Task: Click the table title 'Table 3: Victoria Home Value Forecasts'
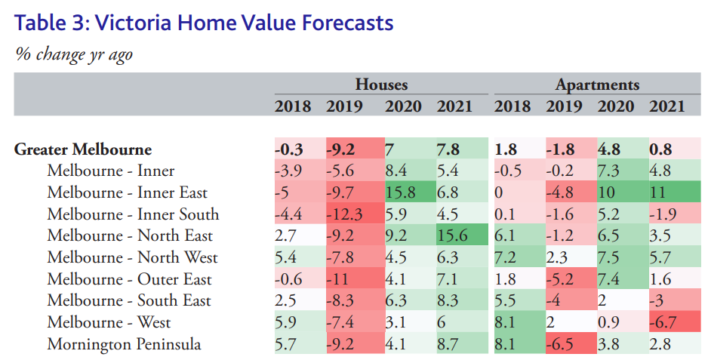[x=204, y=23]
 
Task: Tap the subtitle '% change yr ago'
[x=74, y=54]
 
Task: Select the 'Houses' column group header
[x=382, y=85]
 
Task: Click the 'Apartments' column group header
[x=597, y=85]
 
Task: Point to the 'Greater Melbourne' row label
[x=83, y=149]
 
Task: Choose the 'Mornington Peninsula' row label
[x=124, y=345]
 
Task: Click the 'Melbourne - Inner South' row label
[x=133, y=214]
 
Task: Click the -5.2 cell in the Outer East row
[x=562, y=280]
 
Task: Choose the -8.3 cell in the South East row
[x=344, y=301]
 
